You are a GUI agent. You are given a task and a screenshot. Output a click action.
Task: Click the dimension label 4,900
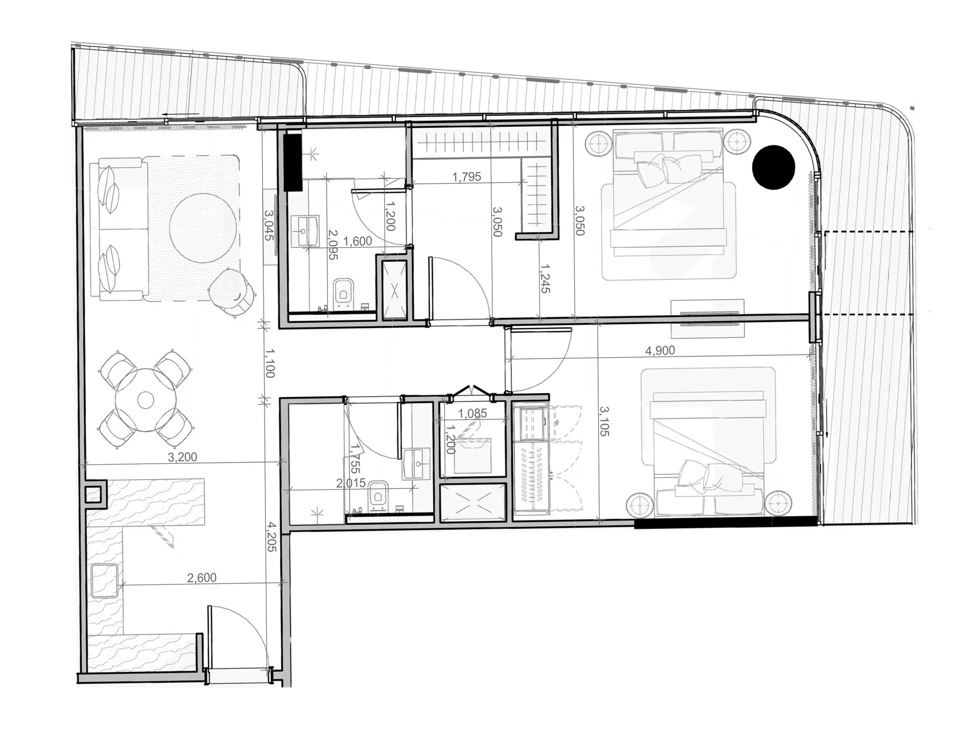659,350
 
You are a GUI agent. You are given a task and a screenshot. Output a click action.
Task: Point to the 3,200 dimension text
182,457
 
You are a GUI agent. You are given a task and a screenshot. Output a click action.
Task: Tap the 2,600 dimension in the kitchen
201,577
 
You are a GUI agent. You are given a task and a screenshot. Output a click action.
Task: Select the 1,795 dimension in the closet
466,177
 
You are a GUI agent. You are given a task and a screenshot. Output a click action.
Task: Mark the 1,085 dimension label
472,413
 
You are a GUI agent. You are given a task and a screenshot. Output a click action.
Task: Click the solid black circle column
773,167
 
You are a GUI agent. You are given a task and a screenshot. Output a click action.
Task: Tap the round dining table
145,401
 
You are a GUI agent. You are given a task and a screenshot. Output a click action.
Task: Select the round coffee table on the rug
203,228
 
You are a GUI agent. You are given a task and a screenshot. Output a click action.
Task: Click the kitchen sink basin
105,581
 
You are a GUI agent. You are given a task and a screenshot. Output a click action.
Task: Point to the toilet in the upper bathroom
343,292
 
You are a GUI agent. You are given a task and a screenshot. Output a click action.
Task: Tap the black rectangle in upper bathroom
293,162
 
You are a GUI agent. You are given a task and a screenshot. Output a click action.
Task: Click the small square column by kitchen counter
94,494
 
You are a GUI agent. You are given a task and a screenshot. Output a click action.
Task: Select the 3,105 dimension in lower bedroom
604,421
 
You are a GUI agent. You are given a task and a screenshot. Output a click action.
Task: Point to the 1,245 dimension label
545,278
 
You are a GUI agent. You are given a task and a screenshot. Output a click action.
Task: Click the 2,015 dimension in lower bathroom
351,483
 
